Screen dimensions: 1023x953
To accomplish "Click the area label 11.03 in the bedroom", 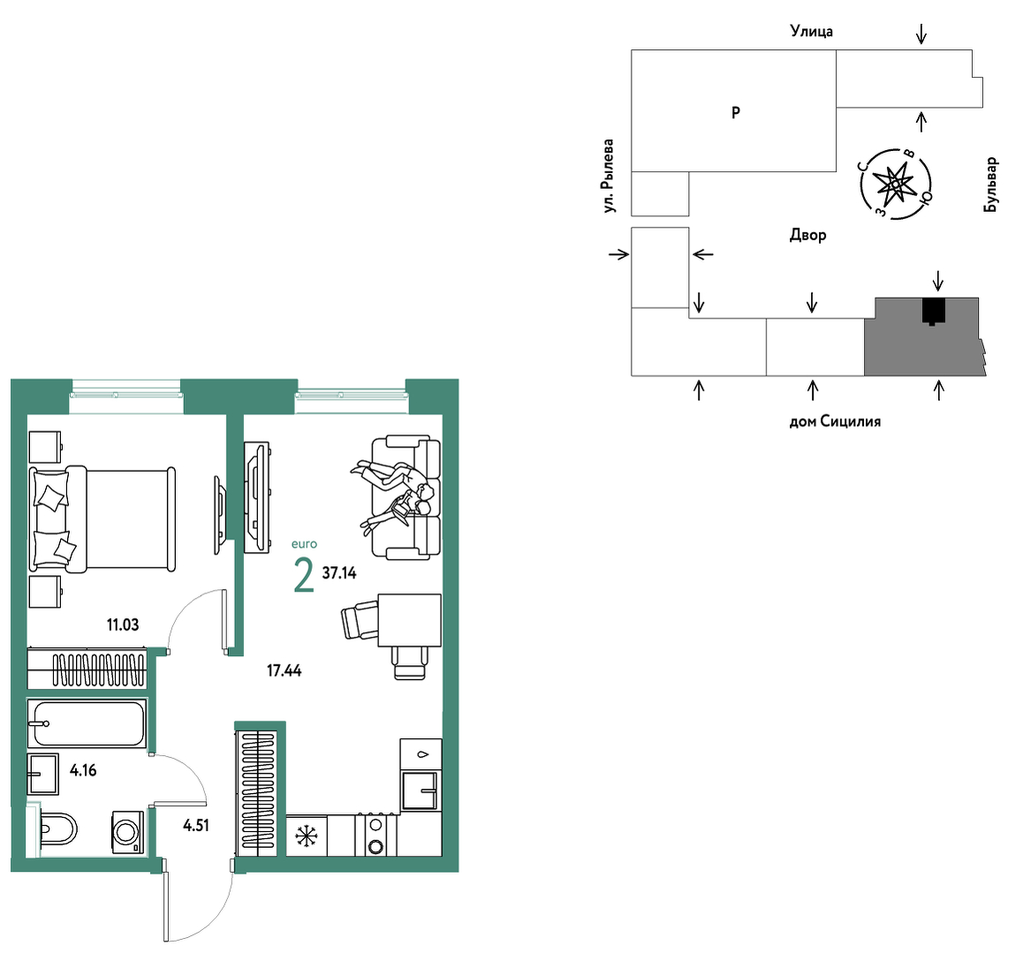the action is coord(123,625).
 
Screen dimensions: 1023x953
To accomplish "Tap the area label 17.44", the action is coord(284,670).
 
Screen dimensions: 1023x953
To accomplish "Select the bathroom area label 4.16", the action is coord(83,770).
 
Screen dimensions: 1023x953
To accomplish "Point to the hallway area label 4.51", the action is coord(196,826).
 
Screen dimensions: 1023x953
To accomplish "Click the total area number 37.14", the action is coord(339,573).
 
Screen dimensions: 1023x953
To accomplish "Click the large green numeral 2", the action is coord(304,576).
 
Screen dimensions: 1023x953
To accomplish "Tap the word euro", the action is coord(304,544).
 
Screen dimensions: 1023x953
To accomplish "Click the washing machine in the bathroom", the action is coord(128,832).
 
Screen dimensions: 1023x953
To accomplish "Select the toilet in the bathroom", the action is coord(58,829).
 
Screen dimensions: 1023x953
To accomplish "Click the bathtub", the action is coord(87,723).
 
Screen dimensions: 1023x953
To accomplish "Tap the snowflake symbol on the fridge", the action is coord(306,836).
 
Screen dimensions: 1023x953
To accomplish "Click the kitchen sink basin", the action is coord(421,790).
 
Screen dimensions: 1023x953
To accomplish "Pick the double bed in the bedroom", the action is coord(102,519).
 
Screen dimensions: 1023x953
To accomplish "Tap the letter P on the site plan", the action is coord(736,113).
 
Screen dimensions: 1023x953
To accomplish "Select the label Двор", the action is coord(808,235).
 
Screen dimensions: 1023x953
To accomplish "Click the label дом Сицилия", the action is coord(835,422).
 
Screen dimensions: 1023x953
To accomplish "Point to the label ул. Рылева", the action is coord(609,176).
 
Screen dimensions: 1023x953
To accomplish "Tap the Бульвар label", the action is coord(991,185).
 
